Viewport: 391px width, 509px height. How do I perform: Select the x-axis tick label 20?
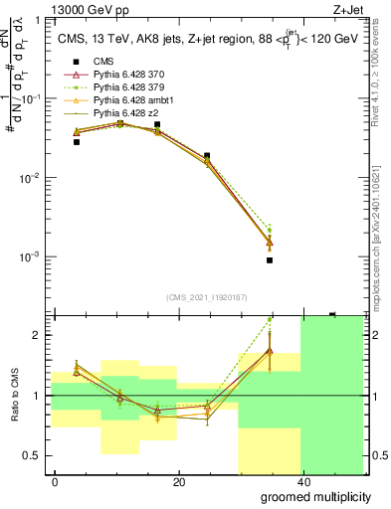[x=178, y=482]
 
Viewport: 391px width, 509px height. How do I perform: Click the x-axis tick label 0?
[x=55, y=482]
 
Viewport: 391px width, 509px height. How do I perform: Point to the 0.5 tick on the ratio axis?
[x=36, y=455]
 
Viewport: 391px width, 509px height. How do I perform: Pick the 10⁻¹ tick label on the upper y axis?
[x=33, y=98]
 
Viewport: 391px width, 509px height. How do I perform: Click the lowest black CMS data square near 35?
[x=270, y=260]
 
